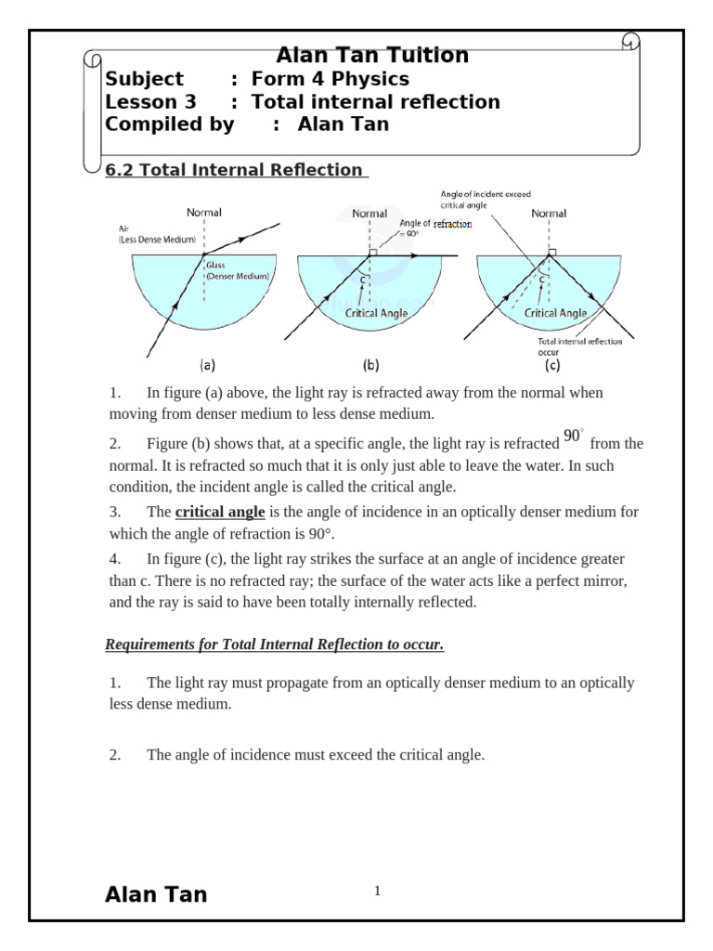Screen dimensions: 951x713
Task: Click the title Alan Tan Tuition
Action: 372,56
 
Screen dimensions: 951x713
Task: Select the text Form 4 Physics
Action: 330,79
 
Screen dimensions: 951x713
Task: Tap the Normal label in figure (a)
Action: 204,213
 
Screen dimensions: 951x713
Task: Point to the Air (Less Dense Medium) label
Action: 157,233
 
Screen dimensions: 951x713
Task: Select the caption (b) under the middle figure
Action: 370,365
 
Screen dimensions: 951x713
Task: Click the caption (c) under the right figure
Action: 551,365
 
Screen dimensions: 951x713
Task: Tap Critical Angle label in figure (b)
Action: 376,314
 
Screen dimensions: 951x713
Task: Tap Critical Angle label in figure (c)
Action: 555,314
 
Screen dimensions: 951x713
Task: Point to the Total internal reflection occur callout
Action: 579,346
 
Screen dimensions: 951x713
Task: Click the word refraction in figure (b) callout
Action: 452,224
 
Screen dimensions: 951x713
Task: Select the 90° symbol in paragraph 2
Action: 573,437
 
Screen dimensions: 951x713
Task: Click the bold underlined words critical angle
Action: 220,513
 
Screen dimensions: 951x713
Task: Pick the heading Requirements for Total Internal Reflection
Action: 275,645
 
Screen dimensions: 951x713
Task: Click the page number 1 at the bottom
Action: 377,892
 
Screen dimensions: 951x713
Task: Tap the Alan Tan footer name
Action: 156,894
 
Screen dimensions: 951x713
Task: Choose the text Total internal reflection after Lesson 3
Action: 376,102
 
